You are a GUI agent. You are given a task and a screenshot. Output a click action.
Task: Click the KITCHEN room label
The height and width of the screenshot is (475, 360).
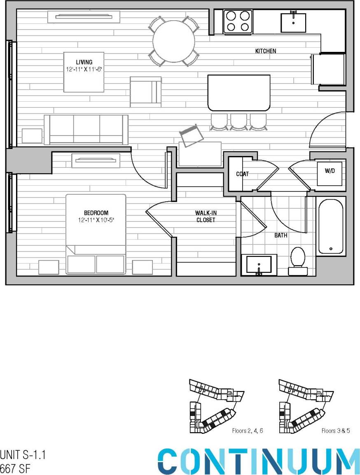(x=266, y=51)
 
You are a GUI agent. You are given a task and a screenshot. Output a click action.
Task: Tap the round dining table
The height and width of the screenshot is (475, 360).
(x=173, y=41)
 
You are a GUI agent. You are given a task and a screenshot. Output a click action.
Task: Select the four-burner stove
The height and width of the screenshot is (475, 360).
(x=238, y=21)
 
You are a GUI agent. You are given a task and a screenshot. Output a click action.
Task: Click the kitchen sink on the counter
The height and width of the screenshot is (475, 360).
(x=293, y=23)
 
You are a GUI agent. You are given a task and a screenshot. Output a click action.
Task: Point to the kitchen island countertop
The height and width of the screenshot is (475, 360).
(x=239, y=93)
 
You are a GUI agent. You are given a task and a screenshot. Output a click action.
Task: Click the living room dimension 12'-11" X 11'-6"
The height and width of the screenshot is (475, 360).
(x=84, y=70)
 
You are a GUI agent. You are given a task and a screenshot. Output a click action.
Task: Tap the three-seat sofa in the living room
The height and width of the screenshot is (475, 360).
(x=86, y=129)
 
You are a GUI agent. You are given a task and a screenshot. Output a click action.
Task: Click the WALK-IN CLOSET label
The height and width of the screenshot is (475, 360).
(x=205, y=217)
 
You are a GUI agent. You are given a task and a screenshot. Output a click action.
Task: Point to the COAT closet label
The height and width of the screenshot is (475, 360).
(x=242, y=174)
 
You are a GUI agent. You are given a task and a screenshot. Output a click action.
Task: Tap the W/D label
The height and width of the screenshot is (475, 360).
(x=330, y=171)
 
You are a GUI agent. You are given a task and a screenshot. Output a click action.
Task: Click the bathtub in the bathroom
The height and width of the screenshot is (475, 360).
(x=330, y=226)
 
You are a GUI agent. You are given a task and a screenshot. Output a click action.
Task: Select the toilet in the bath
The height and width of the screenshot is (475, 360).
(x=297, y=261)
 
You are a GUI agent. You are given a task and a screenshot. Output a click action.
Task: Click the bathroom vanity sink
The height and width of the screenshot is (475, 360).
(x=259, y=264)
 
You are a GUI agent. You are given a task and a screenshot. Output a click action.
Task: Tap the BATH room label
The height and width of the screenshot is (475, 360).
(x=281, y=236)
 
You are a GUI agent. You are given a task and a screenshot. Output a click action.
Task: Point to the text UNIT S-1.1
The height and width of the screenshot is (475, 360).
(x=22, y=455)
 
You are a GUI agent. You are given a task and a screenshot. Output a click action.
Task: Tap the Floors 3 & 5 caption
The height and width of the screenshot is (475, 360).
(x=335, y=431)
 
